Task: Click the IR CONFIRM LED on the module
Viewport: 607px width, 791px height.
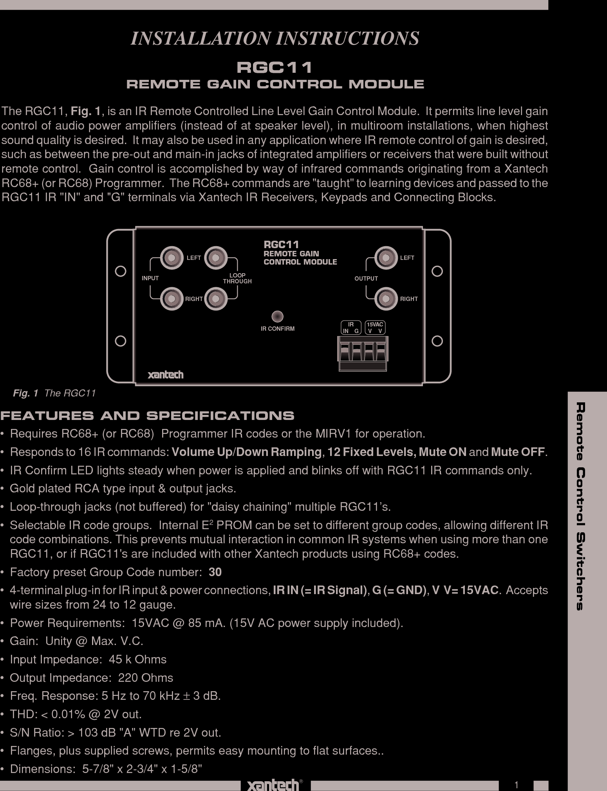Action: click(277, 316)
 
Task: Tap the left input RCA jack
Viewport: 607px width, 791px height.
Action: click(171, 258)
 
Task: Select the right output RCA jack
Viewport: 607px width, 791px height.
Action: click(386, 299)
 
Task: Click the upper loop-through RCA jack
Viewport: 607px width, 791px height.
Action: click(216, 258)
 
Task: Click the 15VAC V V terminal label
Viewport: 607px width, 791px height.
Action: click(375, 328)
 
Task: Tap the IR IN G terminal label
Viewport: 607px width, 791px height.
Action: click(351, 328)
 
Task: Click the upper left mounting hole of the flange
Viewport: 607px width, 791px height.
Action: click(121, 271)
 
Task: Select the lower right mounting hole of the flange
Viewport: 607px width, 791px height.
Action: click(437, 341)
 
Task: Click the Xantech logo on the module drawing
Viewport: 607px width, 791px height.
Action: click(165, 375)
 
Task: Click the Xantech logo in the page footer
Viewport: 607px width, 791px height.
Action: click(273, 785)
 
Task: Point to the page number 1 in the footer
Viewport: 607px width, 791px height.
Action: click(516, 785)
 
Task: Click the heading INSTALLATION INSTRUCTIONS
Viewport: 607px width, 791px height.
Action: click(275, 38)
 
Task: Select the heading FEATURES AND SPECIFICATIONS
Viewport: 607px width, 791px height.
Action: click(147, 416)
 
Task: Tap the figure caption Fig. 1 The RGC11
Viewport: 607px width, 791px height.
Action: click(54, 393)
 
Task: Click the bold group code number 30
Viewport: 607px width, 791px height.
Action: click(215, 572)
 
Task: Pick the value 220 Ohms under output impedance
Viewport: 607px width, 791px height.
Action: click(145, 678)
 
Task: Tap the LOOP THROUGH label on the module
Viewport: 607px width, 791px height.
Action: click(237, 278)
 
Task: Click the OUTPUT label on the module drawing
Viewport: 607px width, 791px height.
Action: click(366, 278)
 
